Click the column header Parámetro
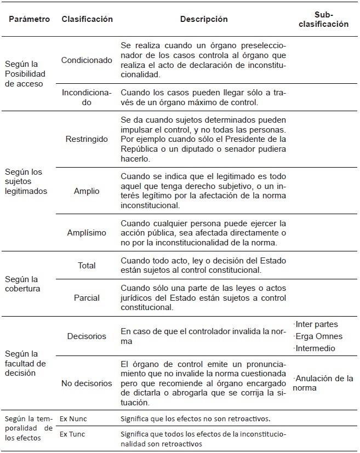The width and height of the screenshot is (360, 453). (x=29, y=19)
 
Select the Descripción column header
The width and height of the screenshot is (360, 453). (x=204, y=19)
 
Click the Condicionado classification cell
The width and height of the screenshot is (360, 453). (x=87, y=60)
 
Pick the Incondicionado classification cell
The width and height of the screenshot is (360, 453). (x=87, y=98)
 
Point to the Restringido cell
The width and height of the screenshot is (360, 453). (x=87, y=139)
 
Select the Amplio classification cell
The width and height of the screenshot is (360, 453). (x=87, y=191)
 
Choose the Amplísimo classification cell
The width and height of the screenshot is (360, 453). (x=87, y=233)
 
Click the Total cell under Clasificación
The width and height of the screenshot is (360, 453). (x=87, y=266)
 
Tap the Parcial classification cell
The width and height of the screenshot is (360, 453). (x=87, y=298)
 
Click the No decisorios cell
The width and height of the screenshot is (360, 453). (x=87, y=383)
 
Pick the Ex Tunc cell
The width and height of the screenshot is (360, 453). (x=73, y=435)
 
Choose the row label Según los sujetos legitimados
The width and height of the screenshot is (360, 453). (x=24, y=181)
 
